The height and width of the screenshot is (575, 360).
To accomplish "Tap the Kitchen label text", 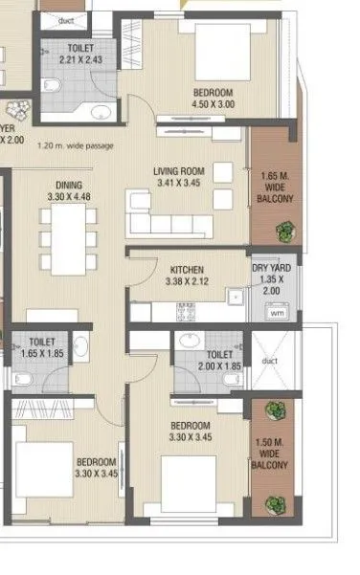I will click(x=186, y=270).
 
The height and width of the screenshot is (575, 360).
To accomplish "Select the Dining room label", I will click(x=69, y=185).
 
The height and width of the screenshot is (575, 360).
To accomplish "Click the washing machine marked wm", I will click(x=276, y=312).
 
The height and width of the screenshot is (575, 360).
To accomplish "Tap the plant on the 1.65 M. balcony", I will click(x=284, y=231).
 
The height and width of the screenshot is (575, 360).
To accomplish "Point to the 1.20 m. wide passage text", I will click(x=74, y=146).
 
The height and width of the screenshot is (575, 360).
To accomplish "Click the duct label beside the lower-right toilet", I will click(x=271, y=362).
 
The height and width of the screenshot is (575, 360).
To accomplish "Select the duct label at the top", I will click(x=66, y=18).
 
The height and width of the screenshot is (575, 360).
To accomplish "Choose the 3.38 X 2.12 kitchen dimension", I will click(x=186, y=282).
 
